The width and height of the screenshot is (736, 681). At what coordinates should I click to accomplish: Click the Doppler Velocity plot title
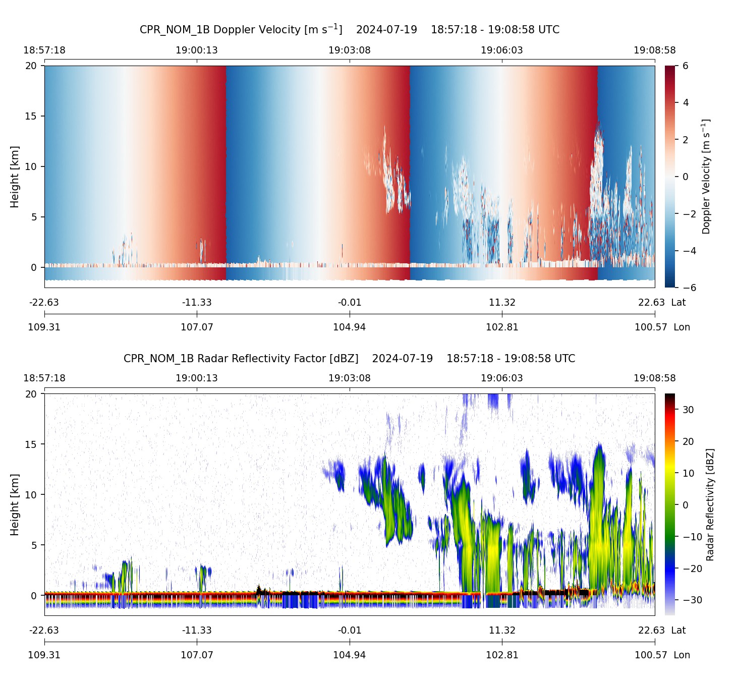coord(349,29)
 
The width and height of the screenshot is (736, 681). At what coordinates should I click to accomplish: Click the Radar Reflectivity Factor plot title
coord(349,359)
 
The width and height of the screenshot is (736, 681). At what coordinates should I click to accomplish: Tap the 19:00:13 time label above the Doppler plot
coord(197,50)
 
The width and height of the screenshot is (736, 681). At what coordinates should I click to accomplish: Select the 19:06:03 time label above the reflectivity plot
coord(502,378)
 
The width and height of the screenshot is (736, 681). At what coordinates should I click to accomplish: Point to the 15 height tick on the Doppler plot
coord(31,116)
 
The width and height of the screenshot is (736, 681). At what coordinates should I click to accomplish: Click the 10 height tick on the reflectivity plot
coord(31,495)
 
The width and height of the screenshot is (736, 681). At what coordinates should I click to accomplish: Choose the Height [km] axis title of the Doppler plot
coord(15,177)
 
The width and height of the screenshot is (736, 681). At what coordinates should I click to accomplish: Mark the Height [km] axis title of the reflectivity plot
coord(15,504)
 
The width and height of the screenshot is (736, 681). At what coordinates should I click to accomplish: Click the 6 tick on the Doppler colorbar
coord(686,66)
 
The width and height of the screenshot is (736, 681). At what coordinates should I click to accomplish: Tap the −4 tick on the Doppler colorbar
coord(689,251)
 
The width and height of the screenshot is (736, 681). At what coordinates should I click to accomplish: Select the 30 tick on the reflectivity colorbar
coord(688,410)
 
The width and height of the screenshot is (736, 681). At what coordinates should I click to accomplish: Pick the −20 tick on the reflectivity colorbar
coord(691,569)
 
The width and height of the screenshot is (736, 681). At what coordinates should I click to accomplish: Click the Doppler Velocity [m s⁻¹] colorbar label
coord(706,177)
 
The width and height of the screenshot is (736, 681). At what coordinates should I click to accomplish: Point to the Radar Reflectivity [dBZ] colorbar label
coord(710,504)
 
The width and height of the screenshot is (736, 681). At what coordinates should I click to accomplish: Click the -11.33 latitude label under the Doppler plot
coord(197,303)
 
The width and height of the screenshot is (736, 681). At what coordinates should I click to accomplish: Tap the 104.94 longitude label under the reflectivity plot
coord(349,655)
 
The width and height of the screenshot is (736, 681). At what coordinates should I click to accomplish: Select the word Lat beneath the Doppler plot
coord(678,303)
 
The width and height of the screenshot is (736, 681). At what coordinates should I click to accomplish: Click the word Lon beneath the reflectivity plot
coord(682,655)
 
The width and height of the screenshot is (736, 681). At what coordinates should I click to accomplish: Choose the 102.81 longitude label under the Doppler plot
coord(502,327)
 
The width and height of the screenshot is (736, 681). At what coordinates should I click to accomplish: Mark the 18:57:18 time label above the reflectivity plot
coord(44,378)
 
